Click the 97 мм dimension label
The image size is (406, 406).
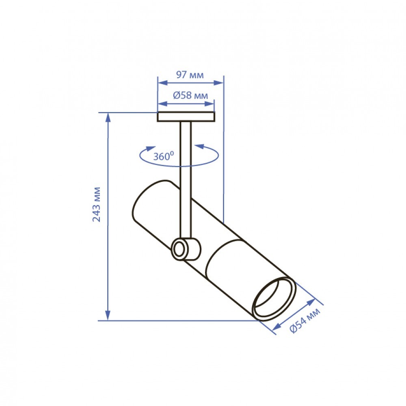190,75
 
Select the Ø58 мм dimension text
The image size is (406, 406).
190,95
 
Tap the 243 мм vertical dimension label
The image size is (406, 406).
97,204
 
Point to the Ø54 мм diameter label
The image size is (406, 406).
305,320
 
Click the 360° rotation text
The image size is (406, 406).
163,156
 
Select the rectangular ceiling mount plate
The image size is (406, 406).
186,117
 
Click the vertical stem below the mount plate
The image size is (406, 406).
186,180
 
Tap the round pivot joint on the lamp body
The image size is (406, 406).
186,249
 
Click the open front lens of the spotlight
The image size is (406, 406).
274,299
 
